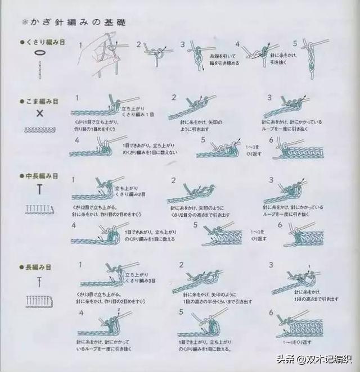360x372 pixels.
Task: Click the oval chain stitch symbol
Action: pyautogui.click(x=39, y=52)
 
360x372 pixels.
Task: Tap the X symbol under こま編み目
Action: pyautogui.click(x=40, y=114)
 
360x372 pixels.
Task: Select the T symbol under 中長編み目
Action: pyautogui.click(x=40, y=190)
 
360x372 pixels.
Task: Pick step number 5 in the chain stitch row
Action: pyautogui.click(x=295, y=43)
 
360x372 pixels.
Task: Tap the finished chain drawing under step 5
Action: pyautogui.click(x=308, y=62)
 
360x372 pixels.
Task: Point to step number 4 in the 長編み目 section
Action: pyautogui.click(x=82, y=312)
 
